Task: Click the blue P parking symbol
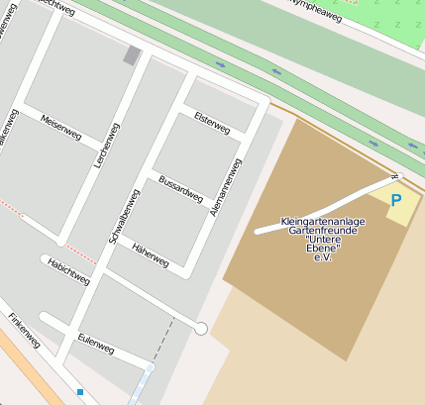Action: click(396, 200)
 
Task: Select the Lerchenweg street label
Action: click(100, 142)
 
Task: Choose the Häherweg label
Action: click(151, 254)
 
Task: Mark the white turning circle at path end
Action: click(201, 328)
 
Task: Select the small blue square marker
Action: click(80, 393)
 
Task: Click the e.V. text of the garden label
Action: click(321, 257)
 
